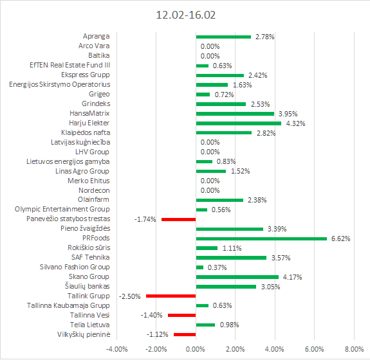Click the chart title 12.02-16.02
(x=186, y=15)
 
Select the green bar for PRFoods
(x=261, y=239)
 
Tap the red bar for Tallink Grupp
(x=171, y=296)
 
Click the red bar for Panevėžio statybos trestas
(x=179, y=219)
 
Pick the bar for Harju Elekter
(x=239, y=123)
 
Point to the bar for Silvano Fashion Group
(x=199, y=267)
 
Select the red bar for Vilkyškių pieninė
(x=185, y=334)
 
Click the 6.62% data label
(x=341, y=239)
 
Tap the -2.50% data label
(x=130, y=296)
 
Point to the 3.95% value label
(x=288, y=114)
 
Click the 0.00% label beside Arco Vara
(x=210, y=46)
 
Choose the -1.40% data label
(x=151, y=315)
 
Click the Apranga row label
(x=97, y=36)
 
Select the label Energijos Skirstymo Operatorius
(x=60, y=84)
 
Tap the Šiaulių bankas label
(x=88, y=286)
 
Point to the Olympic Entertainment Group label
(x=62, y=210)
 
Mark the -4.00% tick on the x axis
(x=117, y=349)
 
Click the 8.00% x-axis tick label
(x=354, y=349)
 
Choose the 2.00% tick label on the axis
(x=236, y=349)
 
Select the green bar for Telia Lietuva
(x=205, y=325)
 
